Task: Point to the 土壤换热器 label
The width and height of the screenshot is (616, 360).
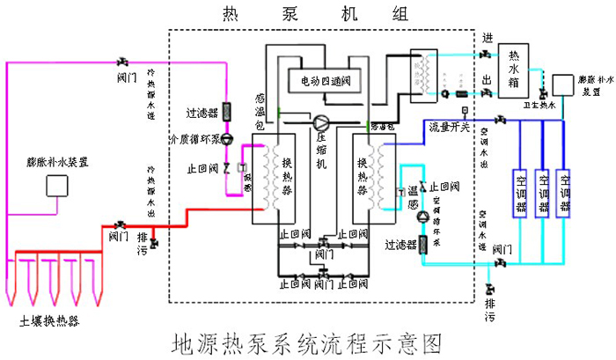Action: [49, 321]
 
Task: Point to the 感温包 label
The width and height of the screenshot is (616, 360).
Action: [260, 113]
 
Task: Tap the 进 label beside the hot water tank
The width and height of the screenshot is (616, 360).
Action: [488, 38]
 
